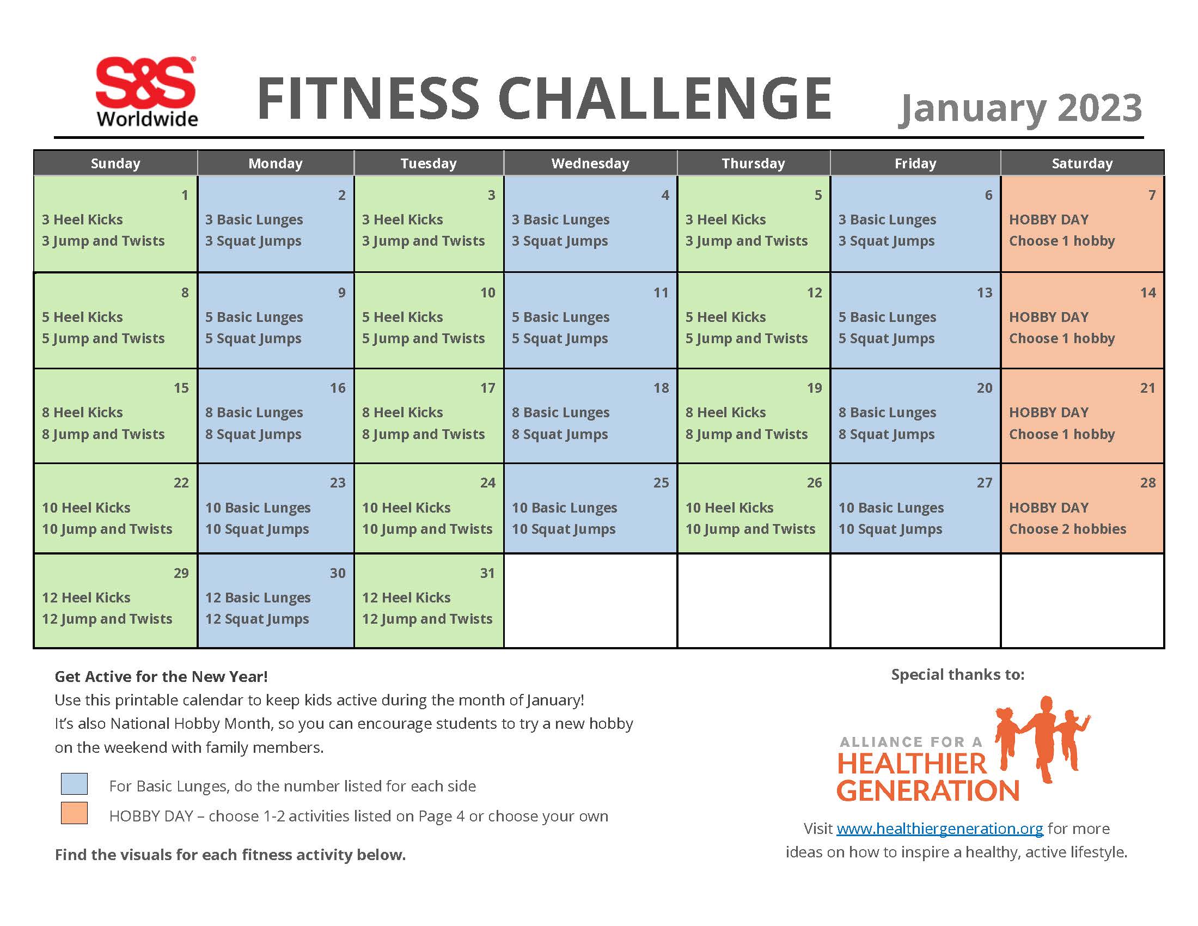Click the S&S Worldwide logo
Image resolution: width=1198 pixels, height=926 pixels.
click(x=146, y=92)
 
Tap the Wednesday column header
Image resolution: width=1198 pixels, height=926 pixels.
click(x=590, y=163)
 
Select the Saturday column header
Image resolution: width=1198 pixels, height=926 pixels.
click(x=1081, y=163)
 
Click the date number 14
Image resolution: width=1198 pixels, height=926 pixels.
click(x=1147, y=293)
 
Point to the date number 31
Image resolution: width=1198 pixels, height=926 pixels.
click(x=487, y=573)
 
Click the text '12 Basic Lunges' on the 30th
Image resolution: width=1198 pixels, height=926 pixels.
click(x=258, y=598)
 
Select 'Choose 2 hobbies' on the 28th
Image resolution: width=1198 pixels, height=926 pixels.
click(x=1067, y=529)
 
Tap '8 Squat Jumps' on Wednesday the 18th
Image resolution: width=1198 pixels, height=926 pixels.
click(x=559, y=435)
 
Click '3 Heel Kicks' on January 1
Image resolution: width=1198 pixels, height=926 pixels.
click(x=82, y=220)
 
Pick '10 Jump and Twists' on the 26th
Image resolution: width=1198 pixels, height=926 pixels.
click(x=750, y=529)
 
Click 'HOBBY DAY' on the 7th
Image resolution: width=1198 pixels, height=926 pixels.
click(x=1048, y=220)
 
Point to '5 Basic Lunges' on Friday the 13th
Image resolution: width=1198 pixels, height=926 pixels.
click(x=887, y=318)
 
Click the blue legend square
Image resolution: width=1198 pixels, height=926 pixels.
click(x=74, y=784)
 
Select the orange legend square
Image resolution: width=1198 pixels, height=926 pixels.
click(x=74, y=814)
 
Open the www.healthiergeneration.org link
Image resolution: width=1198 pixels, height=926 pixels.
click(x=940, y=828)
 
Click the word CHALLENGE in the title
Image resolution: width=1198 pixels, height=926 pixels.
click(x=664, y=99)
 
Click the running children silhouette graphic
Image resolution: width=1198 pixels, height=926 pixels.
click(x=1042, y=738)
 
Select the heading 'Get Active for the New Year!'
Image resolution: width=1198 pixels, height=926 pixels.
click(x=161, y=677)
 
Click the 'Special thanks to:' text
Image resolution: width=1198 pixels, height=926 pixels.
click(x=957, y=675)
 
